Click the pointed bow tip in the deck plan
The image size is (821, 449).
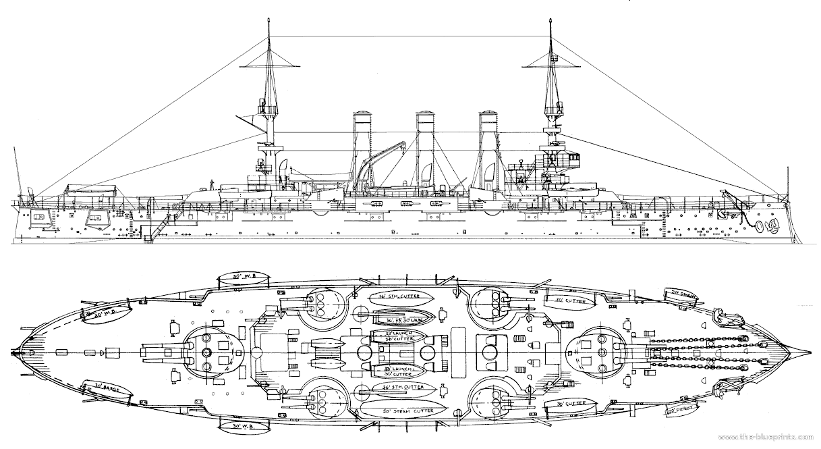coord(807,353)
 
